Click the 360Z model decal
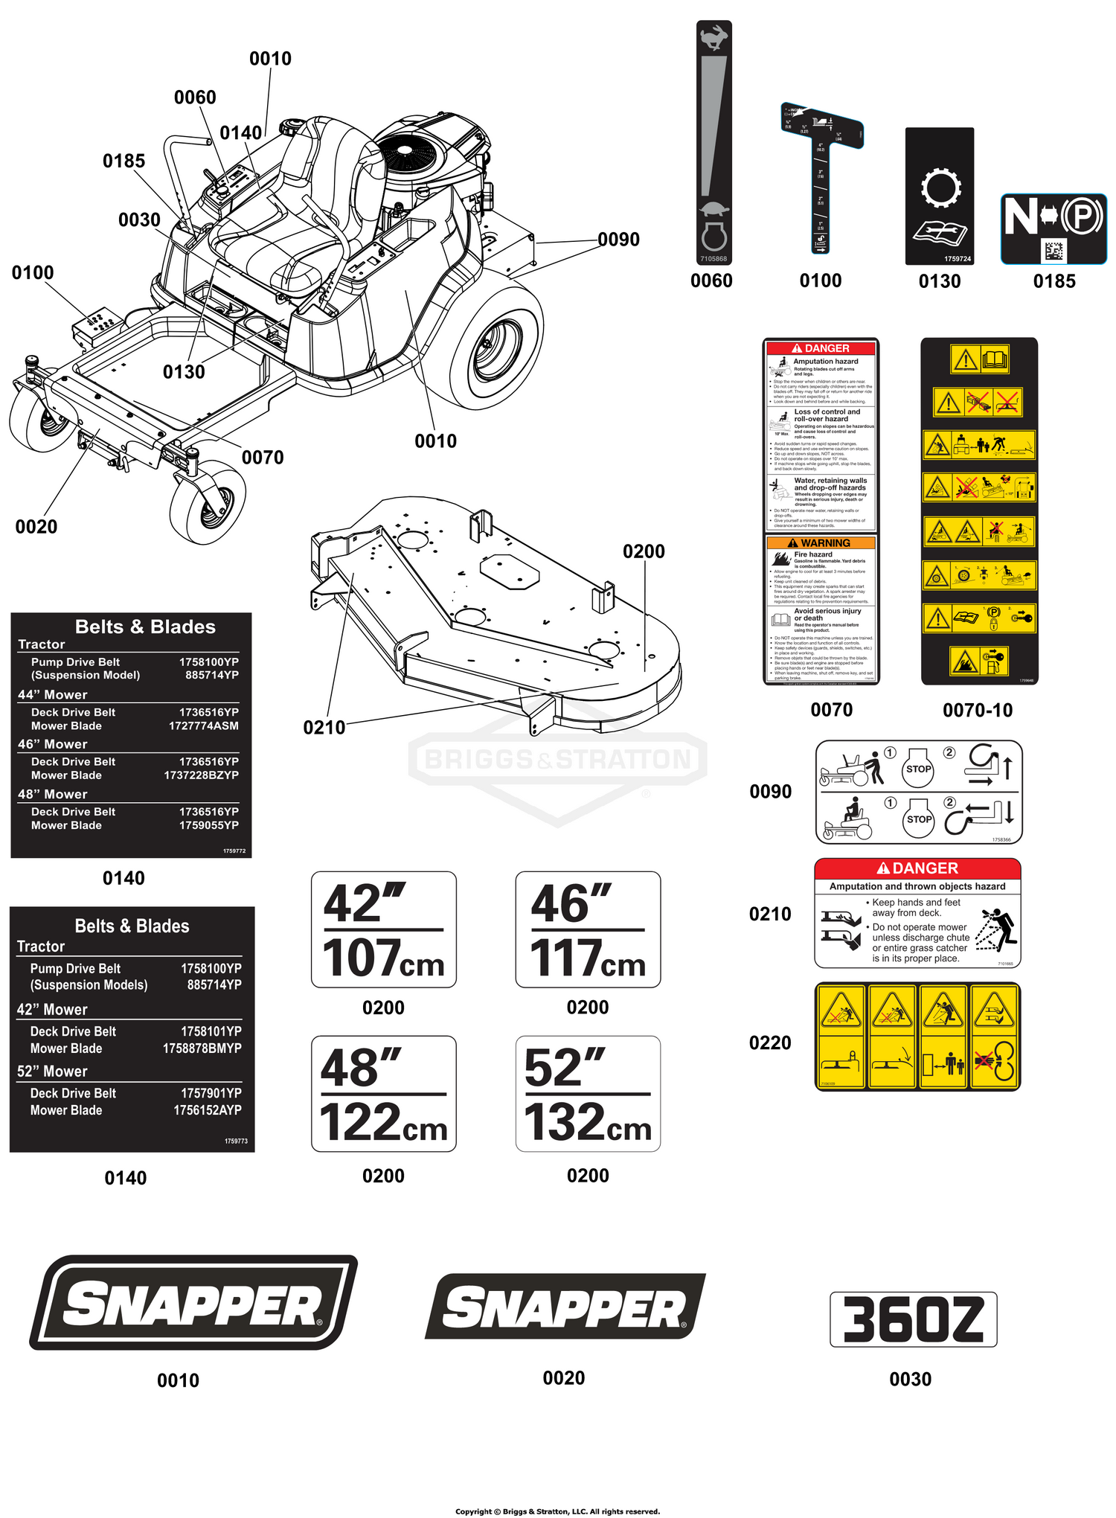(913, 1319)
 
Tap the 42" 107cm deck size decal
(383, 929)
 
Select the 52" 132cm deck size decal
(588, 1094)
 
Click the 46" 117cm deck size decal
(588, 929)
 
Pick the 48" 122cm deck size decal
(383, 1094)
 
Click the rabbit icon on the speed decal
(714, 37)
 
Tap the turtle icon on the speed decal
(714, 210)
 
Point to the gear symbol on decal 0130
(940, 188)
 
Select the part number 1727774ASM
(203, 726)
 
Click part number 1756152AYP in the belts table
(208, 1110)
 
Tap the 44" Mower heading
(53, 694)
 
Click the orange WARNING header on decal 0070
(821, 543)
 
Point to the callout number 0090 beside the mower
(618, 240)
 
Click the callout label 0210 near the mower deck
(324, 727)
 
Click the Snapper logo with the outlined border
(193, 1303)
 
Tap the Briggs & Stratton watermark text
(557, 760)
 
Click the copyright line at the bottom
(557, 1511)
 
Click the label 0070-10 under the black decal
(978, 710)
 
